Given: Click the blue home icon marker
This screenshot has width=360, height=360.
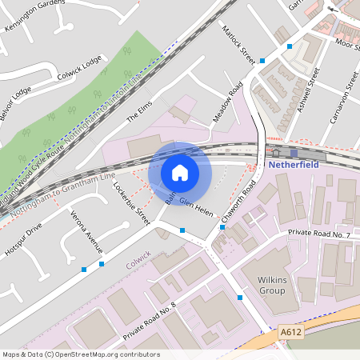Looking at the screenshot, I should pyautogui.click(x=180, y=172).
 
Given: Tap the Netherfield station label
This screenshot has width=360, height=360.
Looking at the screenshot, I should pyautogui.click(x=293, y=164).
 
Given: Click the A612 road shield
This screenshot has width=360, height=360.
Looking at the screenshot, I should pyautogui.click(x=290, y=330).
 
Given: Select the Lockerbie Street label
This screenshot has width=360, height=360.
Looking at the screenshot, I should pyautogui.click(x=132, y=204).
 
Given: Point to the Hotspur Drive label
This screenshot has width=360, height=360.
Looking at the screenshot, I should pyautogui.click(x=25, y=237).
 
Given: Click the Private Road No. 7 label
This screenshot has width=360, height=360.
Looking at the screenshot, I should pyautogui.click(x=319, y=235).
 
